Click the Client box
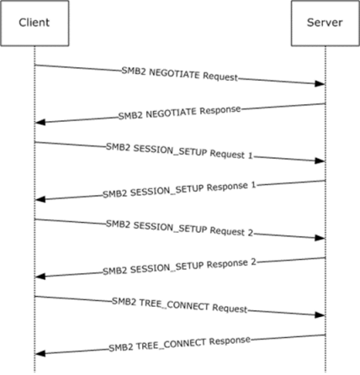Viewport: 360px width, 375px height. (x=34, y=23)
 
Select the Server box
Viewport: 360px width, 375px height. (x=326, y=23)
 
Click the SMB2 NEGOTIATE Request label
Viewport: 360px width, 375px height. (x=180, y=74)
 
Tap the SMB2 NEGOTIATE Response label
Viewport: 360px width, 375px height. (x=179, y=113)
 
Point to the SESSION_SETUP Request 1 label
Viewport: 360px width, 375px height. (x=179, y=151)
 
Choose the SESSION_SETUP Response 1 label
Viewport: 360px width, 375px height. (x=179, y=190)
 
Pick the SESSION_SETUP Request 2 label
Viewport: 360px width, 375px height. (x=179, y=228)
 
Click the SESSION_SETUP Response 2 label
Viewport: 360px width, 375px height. (x=179, y=267)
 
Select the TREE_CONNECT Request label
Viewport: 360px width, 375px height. (x=180, y=305)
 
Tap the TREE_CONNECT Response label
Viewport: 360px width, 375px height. (x=179, y=344)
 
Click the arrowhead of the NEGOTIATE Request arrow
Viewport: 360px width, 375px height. (x=320, y=83)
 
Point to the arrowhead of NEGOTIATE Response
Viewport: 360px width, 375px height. (x=40, y=122)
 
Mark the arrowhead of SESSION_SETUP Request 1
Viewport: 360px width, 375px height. (x=320, y=161)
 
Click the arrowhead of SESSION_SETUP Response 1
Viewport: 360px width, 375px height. (x=40, y=199)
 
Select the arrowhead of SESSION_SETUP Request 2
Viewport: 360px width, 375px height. (x=320, y=238)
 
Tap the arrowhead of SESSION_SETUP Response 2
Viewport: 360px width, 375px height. (x=40, y=277)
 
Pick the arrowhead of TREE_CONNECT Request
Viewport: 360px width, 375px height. (x=320, y=314)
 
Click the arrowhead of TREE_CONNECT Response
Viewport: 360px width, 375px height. (x=40, y=353)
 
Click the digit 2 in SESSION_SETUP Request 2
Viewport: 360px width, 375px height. (x=251, y=233)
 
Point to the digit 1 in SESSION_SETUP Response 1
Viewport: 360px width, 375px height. (x=253, y=185)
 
